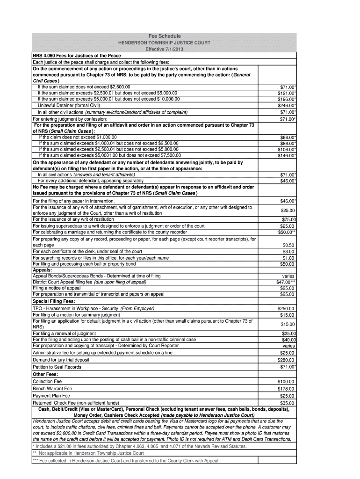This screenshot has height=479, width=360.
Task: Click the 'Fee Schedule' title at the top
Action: [164, 36]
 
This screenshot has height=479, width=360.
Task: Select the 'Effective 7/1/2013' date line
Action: [164, 49]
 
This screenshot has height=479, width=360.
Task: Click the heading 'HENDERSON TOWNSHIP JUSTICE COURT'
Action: [164, 43]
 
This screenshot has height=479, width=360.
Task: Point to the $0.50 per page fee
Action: [288, 245]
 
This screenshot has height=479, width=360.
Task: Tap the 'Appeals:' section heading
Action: [42, 270]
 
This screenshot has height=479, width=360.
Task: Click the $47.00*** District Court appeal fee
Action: [285, 282]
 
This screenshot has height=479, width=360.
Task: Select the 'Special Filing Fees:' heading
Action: [53, 301]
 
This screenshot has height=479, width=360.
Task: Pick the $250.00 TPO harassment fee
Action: [286, 309]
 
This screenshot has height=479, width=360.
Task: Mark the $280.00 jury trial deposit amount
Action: [286, 360]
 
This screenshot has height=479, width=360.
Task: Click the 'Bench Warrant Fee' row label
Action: [52, 388]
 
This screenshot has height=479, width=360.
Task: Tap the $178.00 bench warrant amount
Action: [286, 388]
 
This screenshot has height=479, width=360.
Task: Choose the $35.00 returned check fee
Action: [287, 403]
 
